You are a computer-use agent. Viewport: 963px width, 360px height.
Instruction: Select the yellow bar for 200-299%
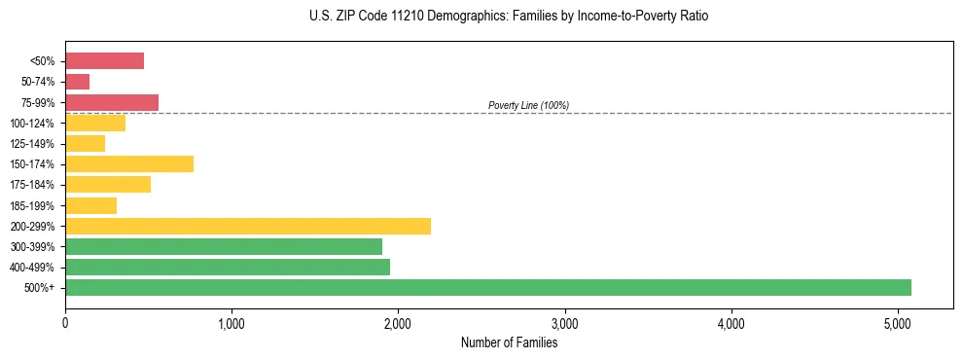[248, 226]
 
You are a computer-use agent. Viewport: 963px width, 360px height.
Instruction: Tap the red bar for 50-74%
[78, 82]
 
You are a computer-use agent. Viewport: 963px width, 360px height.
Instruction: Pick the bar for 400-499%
[228, 267]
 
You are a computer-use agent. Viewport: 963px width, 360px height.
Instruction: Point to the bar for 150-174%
[129, 163]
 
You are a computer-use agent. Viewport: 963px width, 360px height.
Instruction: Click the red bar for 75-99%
[112, 102]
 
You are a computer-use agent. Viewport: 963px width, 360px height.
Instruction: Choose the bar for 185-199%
[91, 205]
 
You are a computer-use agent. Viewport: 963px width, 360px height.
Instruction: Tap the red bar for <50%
[105, 61]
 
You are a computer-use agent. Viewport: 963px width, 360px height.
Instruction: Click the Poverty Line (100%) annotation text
[528, 105]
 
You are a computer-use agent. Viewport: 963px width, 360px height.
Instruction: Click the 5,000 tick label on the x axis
[897, 324]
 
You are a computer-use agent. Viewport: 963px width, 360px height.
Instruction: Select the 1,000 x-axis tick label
[232, 324]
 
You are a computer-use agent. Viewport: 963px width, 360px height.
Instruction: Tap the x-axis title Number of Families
[509, 342]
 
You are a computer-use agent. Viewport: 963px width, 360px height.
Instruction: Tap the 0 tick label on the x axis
[65, 324]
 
